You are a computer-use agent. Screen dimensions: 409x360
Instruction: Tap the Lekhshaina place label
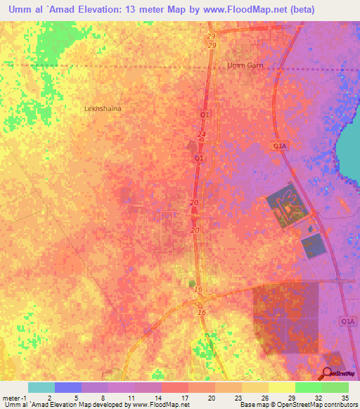103,109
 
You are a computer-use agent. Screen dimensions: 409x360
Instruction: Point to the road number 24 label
202,134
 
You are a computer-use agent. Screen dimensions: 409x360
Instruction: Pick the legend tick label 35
344,398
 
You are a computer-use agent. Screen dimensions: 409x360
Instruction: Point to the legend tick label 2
49,398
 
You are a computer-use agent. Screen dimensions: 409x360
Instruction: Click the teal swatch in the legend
41,387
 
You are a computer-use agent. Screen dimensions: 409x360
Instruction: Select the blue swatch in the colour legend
68,387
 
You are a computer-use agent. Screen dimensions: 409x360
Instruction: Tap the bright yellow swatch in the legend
281,387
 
